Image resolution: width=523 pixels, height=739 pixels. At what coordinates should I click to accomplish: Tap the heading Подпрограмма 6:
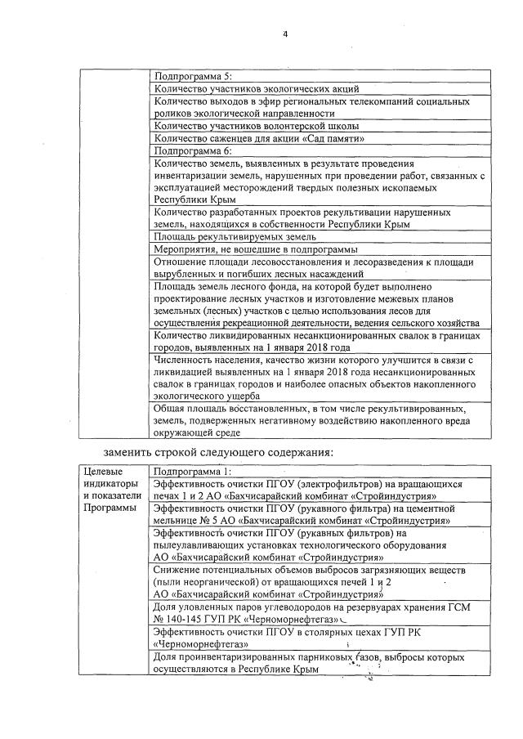(x=186, y=151)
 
